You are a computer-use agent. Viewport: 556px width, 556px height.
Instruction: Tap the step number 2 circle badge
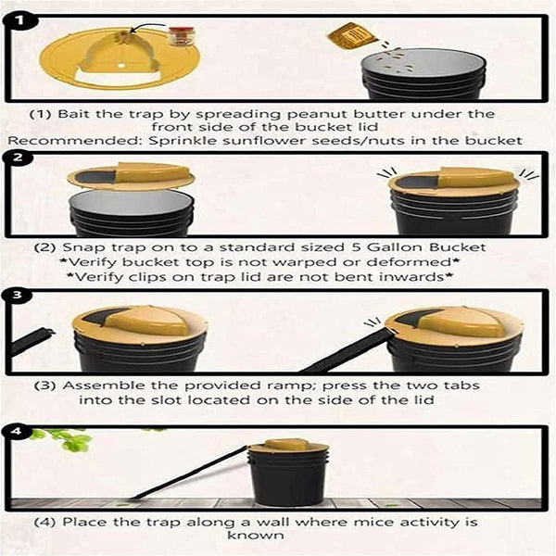click(x=20, y=158)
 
